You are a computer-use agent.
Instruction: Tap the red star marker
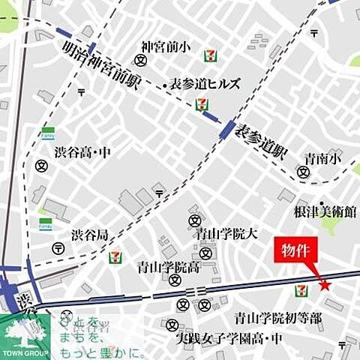325,284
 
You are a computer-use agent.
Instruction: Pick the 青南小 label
322,158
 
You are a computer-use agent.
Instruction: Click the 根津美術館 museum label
324,212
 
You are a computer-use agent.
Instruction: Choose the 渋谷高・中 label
82,151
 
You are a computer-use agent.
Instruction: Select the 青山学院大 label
227,233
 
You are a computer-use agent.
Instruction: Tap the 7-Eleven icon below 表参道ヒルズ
201,104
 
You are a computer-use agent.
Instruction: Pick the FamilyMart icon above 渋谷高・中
47,133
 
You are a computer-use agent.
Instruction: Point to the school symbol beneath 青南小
303,172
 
